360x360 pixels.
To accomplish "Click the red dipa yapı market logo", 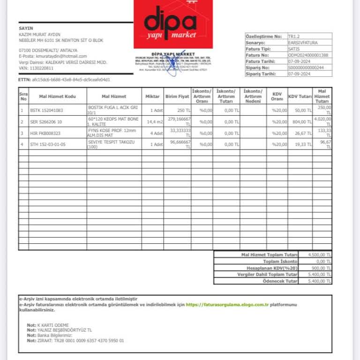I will point(173,24).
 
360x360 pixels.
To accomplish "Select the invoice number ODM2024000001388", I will point(308,55).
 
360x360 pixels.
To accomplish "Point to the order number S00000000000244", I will point(306,67).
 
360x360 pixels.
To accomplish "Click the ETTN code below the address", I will point(71,80).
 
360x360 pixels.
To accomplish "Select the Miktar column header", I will point(152,96).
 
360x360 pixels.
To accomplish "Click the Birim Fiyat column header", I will point(177,96).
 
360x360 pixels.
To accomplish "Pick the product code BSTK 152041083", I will point(46,110).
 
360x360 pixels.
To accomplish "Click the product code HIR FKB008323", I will point(45,133).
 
